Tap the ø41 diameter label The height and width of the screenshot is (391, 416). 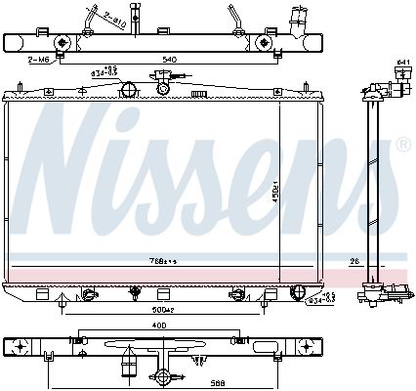(402, 63)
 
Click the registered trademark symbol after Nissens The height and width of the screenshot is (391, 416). (402, 144)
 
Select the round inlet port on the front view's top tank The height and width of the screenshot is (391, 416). (127, 91)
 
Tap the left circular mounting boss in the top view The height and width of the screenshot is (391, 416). (62, 43)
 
